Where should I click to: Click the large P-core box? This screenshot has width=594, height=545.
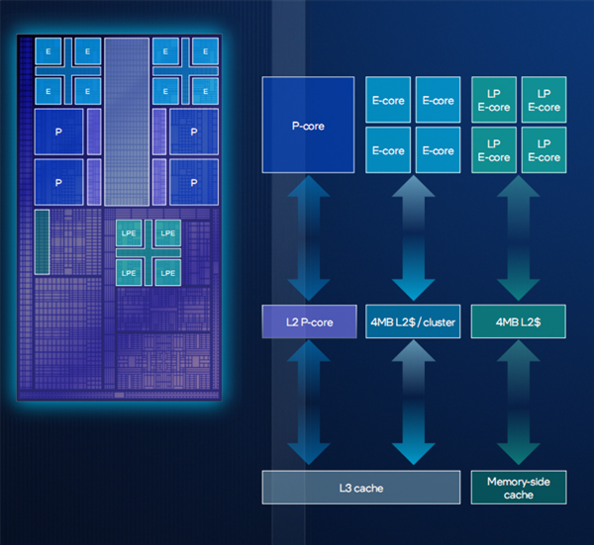(x=307, y=126)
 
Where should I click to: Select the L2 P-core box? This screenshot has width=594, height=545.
(x=307, y=321)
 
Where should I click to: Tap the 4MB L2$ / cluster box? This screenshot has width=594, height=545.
(x=413, y=321)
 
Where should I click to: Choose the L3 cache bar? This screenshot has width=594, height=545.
(x=361, y=488)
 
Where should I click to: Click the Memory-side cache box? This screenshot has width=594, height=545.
(x=519, y=488)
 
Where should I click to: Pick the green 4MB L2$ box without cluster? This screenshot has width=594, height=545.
(x=519, y=321)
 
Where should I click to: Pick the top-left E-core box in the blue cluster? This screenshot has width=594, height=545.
(x=388, y=100)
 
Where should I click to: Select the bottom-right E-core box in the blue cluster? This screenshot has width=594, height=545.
(x=438, y=150)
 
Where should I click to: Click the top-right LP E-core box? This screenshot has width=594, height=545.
(x=544, y=100)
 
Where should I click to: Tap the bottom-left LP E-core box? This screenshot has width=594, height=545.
(x=494, y=150)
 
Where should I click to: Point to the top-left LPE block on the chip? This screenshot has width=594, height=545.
(x=129, y=233)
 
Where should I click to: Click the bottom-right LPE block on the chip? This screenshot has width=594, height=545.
(x=167, y=271)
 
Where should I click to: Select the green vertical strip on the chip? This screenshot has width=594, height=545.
(x=43, y=240)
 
